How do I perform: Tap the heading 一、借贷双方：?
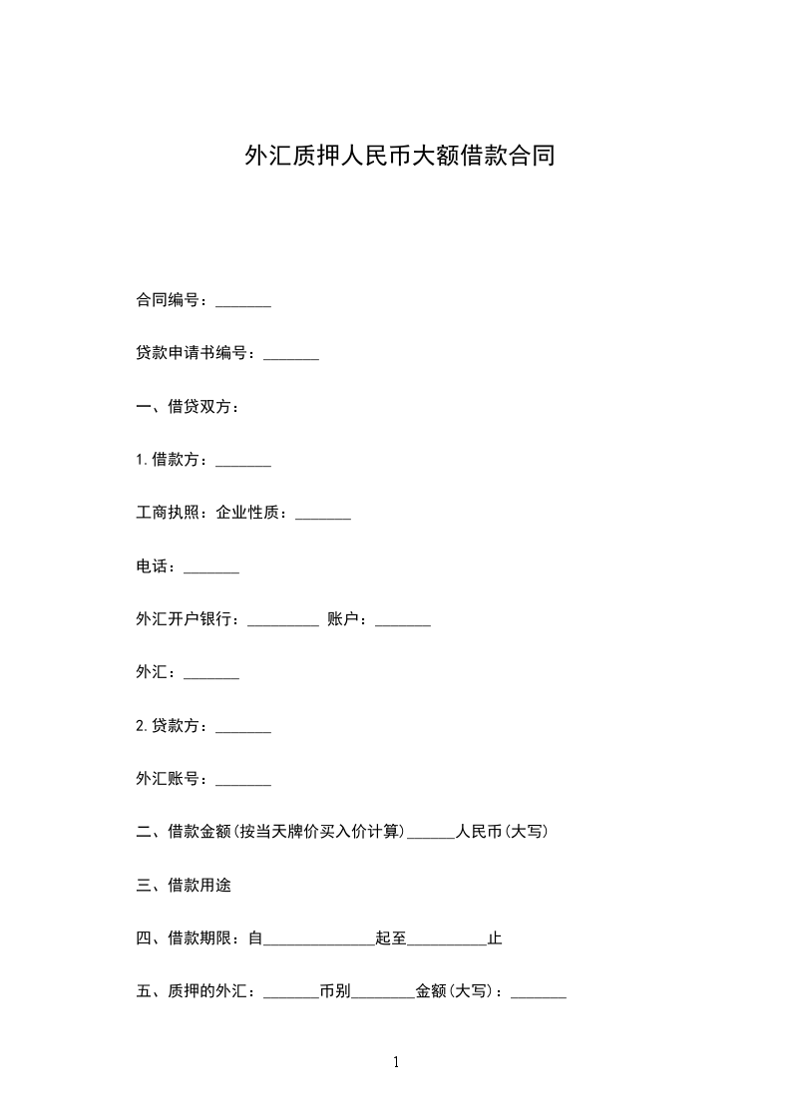[x=187, y=407]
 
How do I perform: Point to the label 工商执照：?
[x=175, y=513]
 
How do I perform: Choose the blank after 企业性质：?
[x=323, y=516]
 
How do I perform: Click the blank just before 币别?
[x=291, y=994]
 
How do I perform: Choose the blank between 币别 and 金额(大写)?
[x=383, y=994]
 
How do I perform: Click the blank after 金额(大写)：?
[x=539, y=994]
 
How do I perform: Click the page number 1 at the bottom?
[x=396, y=1062]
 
